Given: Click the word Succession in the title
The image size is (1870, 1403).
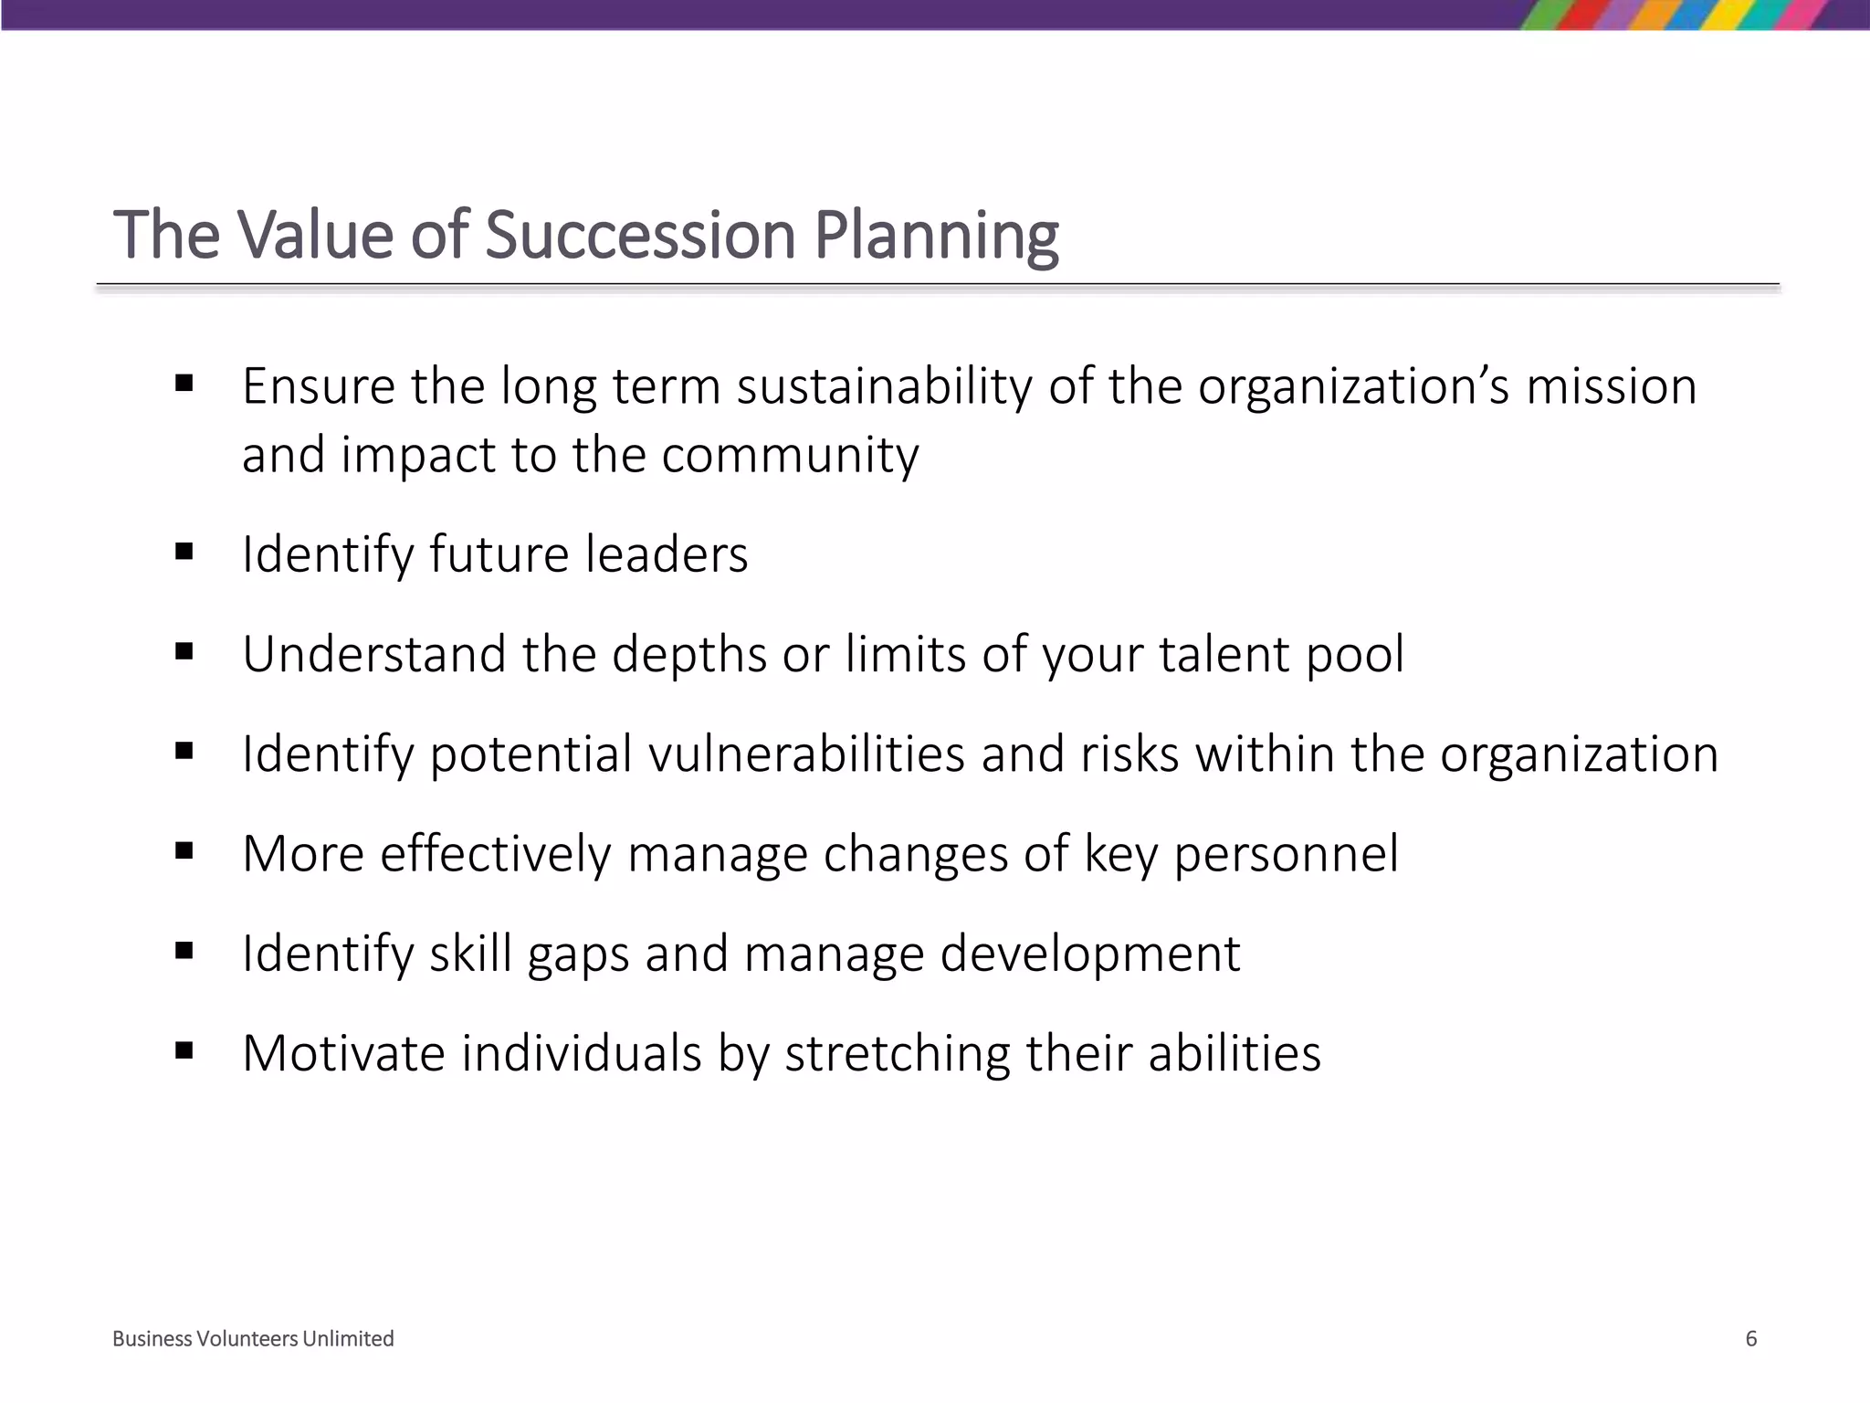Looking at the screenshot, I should click(640, 235).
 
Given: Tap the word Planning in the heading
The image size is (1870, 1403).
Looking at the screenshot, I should click(936, 237).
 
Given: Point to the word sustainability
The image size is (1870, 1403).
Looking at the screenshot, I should click(885, 386).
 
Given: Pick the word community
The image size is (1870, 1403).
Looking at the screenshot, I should click(790, 456).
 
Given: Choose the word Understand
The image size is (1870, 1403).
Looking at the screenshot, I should click(373, 654).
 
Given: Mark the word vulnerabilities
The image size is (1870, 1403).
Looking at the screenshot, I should click(806, 754).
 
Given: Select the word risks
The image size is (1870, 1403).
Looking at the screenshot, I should click(1129, 754).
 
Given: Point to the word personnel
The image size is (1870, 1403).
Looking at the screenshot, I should click(1286, 855).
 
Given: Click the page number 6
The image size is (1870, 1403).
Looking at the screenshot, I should click(1750, 1339).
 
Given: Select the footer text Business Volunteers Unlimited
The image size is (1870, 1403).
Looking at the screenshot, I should click(253, 1339).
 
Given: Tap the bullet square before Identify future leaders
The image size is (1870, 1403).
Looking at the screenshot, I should click(184, 552).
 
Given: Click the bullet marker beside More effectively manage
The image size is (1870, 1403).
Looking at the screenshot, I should click(184, 851).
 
